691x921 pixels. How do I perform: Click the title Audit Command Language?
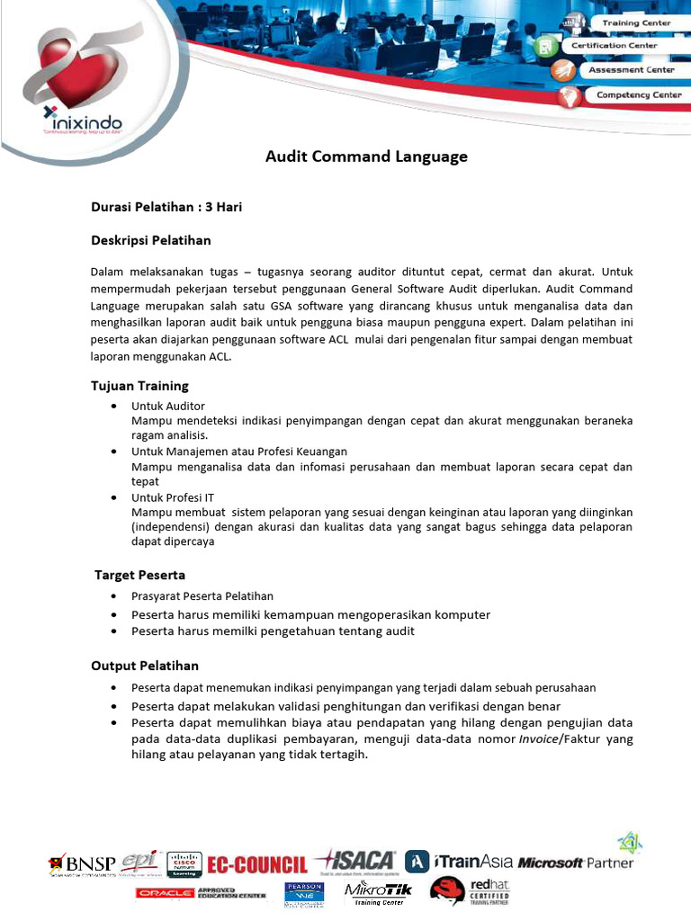pos(366,156)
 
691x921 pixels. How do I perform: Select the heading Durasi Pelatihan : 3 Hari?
pos(166,207)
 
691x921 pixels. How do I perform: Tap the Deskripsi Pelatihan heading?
pos(150,240)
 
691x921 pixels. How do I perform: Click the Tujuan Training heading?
pos(139,386)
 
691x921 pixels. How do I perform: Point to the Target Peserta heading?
pos(140,575)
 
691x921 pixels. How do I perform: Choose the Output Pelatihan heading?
pos(145,666)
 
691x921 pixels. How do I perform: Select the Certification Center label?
pos(625,45)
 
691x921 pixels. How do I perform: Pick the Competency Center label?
pos(638,94)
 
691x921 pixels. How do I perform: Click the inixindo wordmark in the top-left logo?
pos(88,121)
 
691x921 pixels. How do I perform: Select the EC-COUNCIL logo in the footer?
pos(256,864)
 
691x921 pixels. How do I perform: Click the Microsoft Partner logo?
pos(576,863)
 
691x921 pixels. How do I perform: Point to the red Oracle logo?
pos(165,893)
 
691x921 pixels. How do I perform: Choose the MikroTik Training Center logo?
pos(378,893)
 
